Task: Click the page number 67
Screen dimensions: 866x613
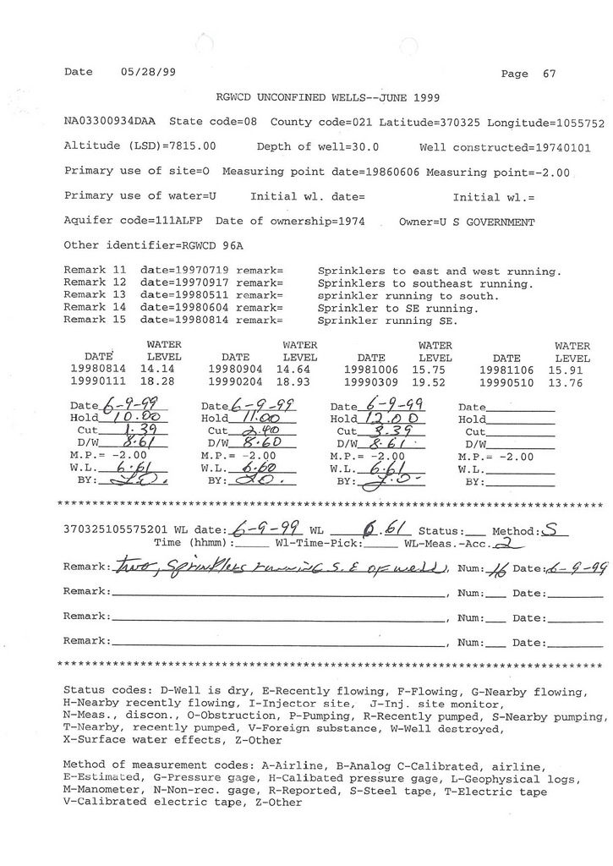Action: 550,74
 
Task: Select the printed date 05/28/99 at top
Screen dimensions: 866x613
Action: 143,72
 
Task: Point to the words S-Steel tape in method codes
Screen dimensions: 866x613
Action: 473,792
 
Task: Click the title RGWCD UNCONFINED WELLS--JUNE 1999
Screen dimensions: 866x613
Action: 328,98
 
